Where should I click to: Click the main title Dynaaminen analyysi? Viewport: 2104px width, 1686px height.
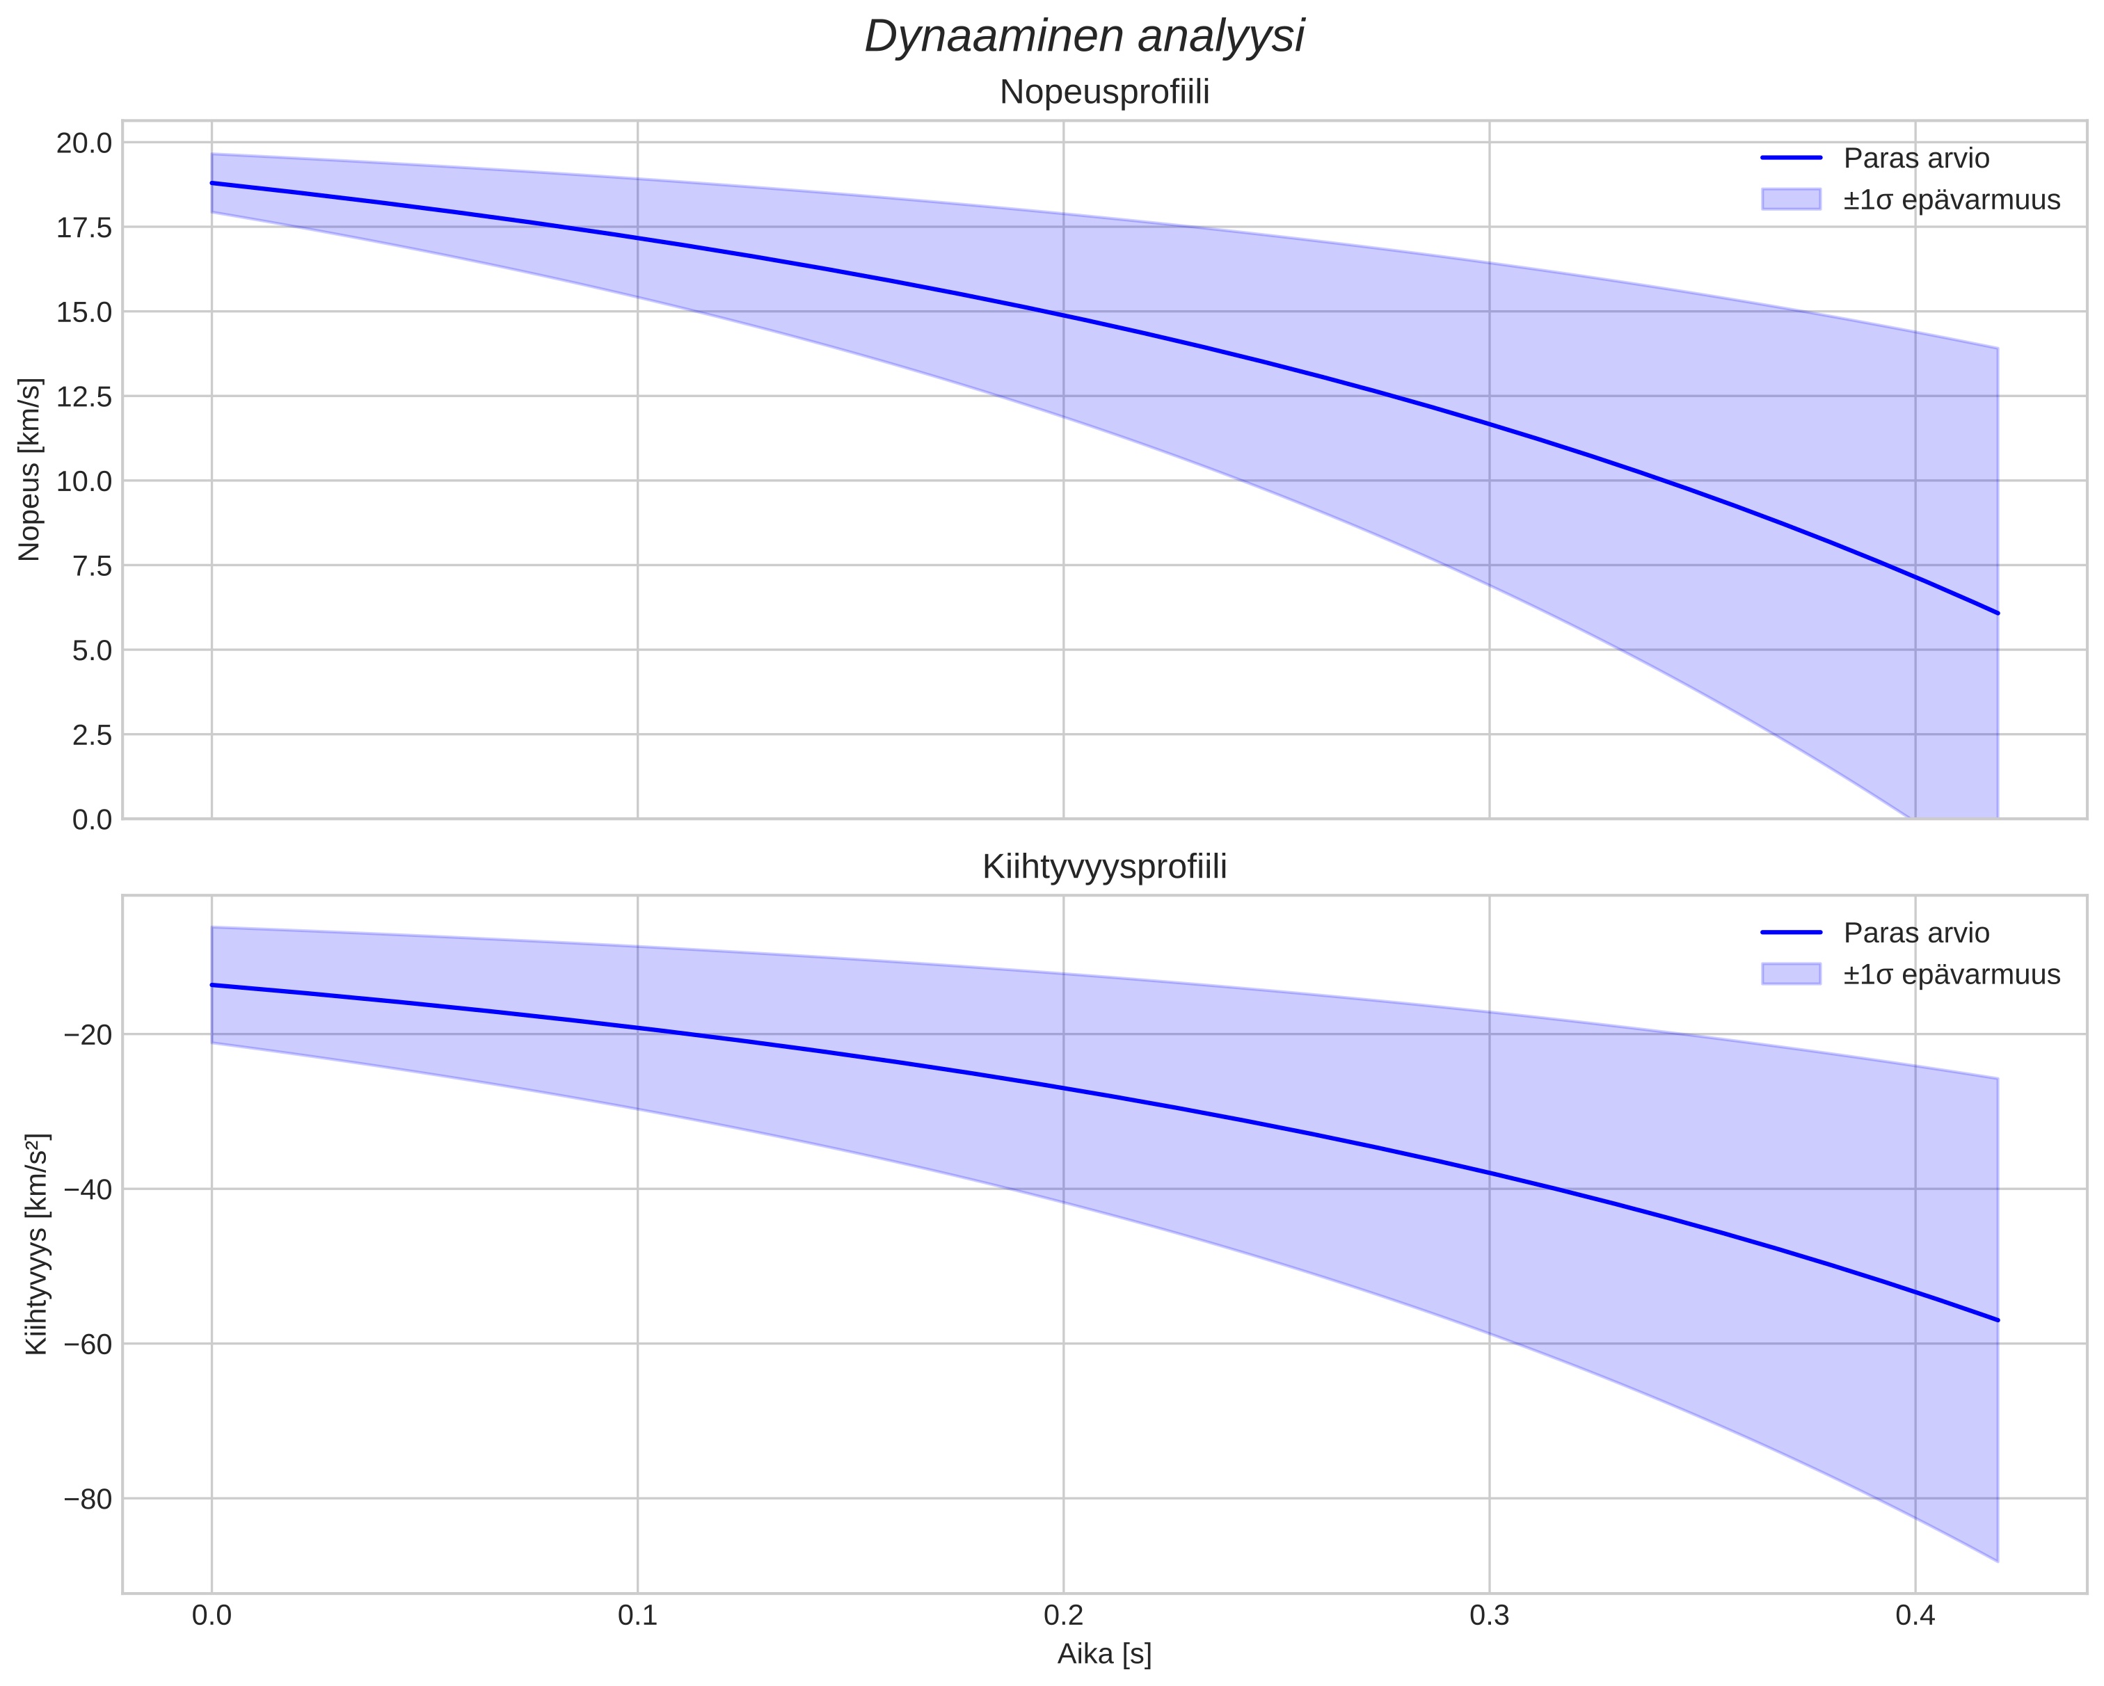click(x=1084, y=37)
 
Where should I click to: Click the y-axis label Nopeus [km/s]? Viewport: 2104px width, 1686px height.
click(x=30, y=469)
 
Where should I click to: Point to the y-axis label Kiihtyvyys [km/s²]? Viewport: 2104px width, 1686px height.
click(x=36, y=1244)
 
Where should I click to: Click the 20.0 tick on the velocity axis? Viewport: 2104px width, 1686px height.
click(x=84, y=143)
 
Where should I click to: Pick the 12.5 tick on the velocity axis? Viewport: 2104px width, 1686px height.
click(x=84, y=397)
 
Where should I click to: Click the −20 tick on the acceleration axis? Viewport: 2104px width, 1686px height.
click(x=87, y=1034)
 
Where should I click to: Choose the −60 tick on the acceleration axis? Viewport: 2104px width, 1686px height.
click(x=87, y=1344)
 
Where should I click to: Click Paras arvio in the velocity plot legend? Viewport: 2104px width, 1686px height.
click(x=1915, y=158)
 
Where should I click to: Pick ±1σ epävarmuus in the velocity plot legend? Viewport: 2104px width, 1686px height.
click(x=1952, y=200)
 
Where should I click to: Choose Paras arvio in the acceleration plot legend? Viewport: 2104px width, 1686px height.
click(x=1915, y=933)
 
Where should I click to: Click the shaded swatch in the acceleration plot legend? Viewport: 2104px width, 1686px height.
click(x=1791, y=974)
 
